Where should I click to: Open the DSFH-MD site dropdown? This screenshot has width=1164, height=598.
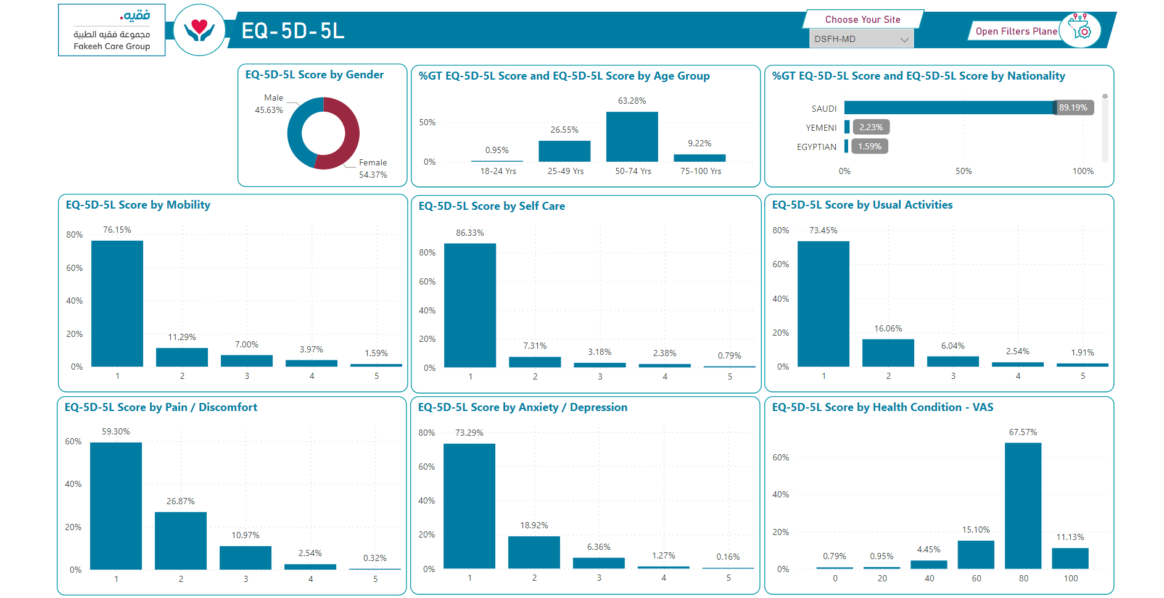(861, 39)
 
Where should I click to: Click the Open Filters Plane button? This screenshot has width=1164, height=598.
(1016, 31)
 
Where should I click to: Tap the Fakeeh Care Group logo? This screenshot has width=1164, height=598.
(112, 30)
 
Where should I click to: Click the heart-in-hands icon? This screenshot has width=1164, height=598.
(199, 30)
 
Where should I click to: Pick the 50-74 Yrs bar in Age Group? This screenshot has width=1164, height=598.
(632, 136)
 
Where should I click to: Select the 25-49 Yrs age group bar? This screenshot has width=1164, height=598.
(564, 151)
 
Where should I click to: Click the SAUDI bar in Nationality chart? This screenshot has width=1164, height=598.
(950, 107)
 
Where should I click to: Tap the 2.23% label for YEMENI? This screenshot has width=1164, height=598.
(871, 127)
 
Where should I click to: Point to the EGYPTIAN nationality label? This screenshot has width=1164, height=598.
(817, 147)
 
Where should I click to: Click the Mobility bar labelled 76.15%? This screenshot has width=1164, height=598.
(117, 304)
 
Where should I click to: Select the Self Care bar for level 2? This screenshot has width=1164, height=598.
(535, 362)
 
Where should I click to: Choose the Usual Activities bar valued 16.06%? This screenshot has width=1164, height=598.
(888, 353)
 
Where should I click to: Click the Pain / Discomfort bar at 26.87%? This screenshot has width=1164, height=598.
(181, 541)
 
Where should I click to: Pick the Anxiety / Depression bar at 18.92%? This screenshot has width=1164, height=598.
(534, 552)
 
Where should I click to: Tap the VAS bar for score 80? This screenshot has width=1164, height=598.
(1023, 506)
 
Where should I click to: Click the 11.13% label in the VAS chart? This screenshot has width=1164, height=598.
(1070, 537)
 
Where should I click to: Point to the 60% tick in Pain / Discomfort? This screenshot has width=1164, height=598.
(73, 441)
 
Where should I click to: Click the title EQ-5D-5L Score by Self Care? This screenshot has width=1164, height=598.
(492, 206)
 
